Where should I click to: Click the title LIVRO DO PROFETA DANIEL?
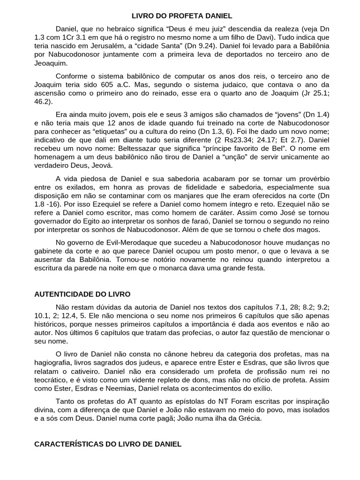click(180, 15)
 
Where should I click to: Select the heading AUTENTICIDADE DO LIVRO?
click(82, 294)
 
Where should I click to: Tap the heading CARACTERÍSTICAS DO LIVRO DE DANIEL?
click(108, 443)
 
